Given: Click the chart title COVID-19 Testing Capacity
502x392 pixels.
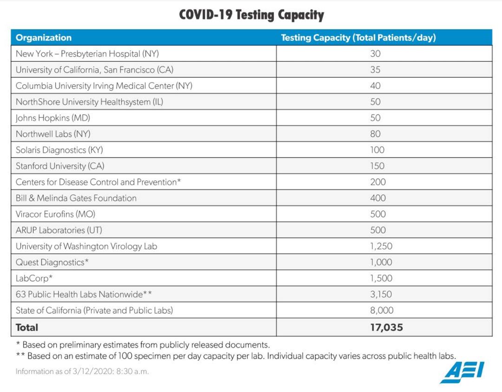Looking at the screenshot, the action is click(251, 15).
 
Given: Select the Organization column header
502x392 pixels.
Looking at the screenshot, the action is click(44, 38).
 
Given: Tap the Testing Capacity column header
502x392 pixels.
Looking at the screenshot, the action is click(358, 38).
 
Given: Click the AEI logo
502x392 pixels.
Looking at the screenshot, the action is click(462, 372).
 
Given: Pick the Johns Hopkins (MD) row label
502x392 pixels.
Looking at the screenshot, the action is click(53, 118).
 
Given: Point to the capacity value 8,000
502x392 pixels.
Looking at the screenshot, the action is click(382, 310).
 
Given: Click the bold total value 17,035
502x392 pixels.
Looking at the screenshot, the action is click(386, 328).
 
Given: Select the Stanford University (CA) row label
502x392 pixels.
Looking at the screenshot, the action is click(60, 166).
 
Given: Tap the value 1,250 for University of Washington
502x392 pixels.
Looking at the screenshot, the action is click(381, 246).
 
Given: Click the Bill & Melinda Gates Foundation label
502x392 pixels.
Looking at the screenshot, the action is click(76, 198).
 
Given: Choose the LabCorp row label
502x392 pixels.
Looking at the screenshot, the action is click(34, 278).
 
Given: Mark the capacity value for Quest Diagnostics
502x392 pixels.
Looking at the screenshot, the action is click(381, 262).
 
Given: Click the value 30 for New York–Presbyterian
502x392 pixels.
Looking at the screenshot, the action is click(375, 54).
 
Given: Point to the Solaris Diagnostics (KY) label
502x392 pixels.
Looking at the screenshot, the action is click(59, 150).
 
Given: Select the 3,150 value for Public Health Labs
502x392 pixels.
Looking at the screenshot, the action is click(381, 294).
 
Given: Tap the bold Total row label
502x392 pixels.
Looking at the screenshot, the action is click(27, 328).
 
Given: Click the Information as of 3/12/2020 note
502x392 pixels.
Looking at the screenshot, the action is click(82, 371).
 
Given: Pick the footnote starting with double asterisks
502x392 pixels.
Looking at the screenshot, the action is click(236, 356).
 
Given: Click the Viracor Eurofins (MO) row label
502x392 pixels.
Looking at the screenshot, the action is click(55, 214).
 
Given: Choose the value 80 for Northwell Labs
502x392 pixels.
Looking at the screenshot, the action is click(375, 134).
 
